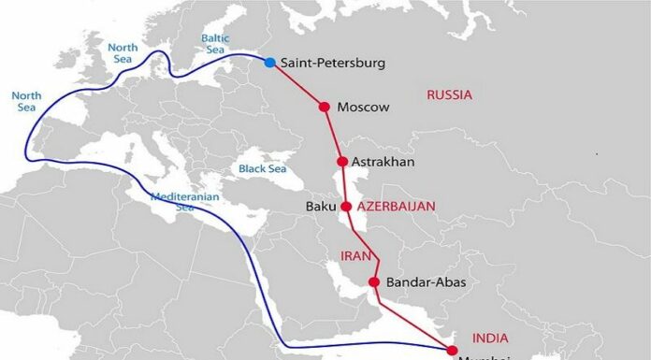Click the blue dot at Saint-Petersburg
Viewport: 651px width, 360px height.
pyautogui.click(x=270, y=63)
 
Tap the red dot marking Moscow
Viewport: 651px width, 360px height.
pyautogui.click(x=325, y=107)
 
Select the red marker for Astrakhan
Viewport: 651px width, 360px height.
pyautogui.click(x=342, y=162)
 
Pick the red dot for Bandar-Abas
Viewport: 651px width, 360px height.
pyautogui.click(x=374, y=282)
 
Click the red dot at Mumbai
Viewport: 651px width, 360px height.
pyautogui.click(x=453, y=350)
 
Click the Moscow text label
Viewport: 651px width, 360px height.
pyautogui.click(x=363, y=108)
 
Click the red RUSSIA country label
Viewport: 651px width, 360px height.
pyautogui.click(x=449, y=94)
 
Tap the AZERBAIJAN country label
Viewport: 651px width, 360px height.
pyautogui.click(x=397, y=206)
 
